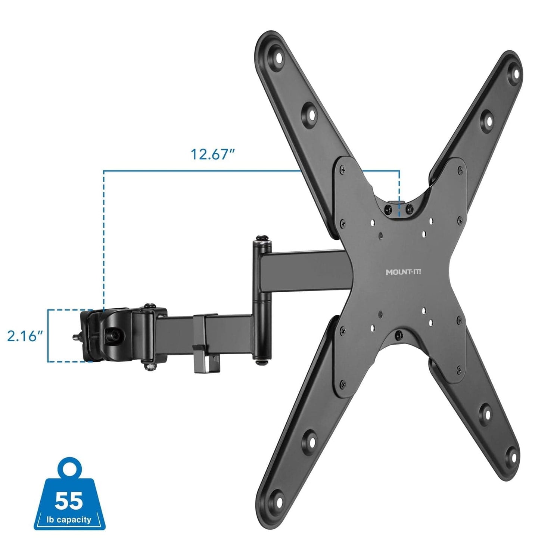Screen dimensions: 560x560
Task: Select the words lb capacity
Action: point(69,520)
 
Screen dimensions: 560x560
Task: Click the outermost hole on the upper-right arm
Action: point(517,74)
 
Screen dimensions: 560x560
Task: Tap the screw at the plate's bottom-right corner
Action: point(459,370)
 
